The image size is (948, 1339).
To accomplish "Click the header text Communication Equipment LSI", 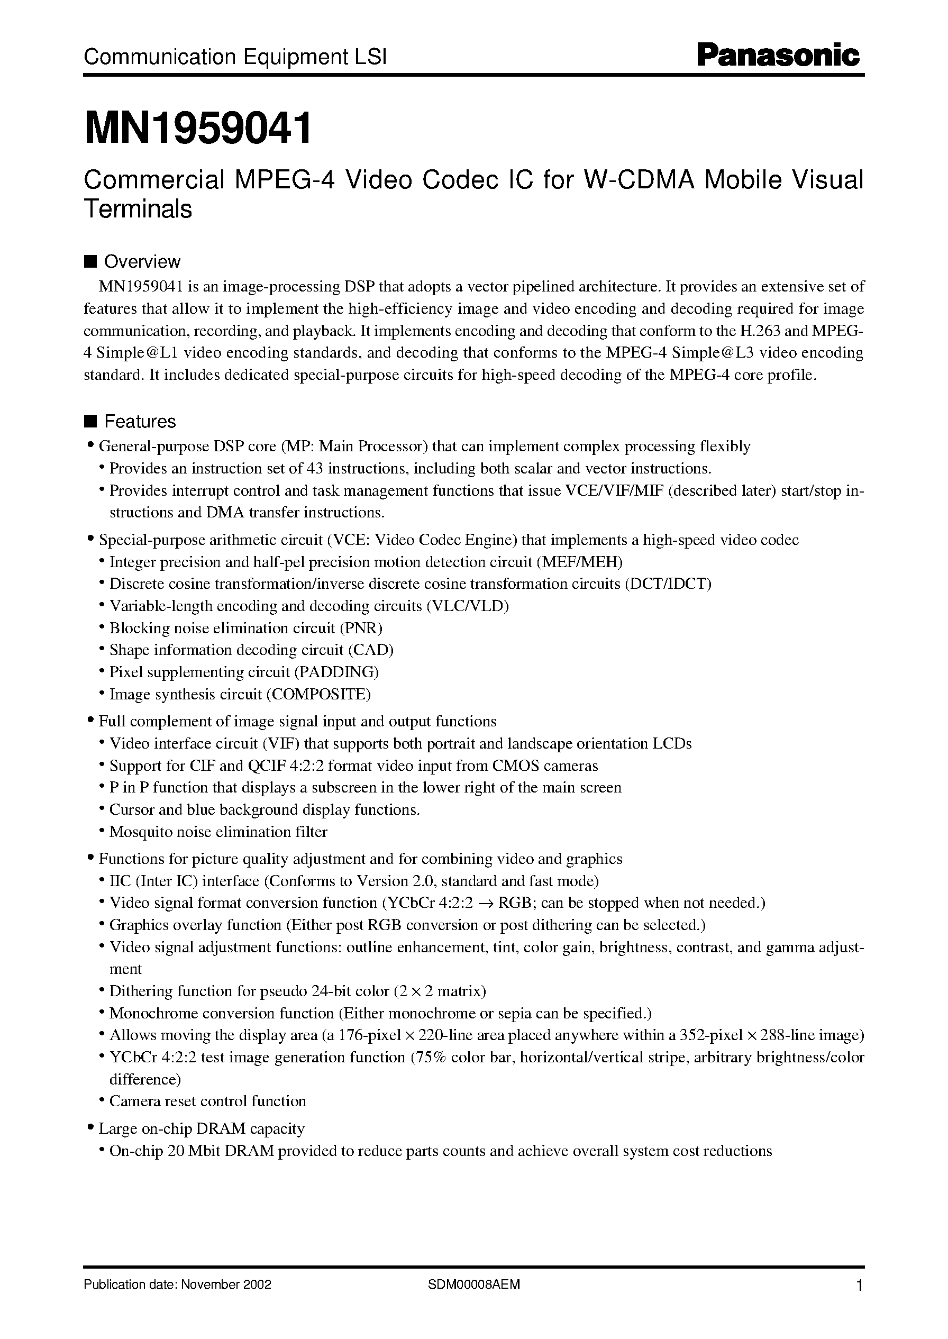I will pos(235,57).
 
